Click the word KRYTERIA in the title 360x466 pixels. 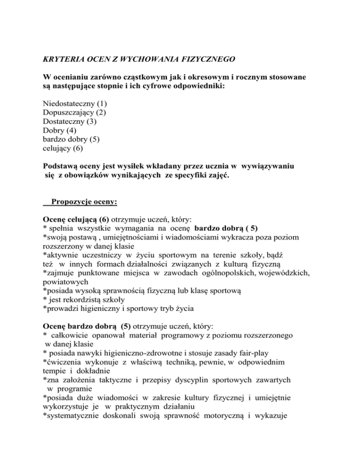[x=58, y=60]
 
